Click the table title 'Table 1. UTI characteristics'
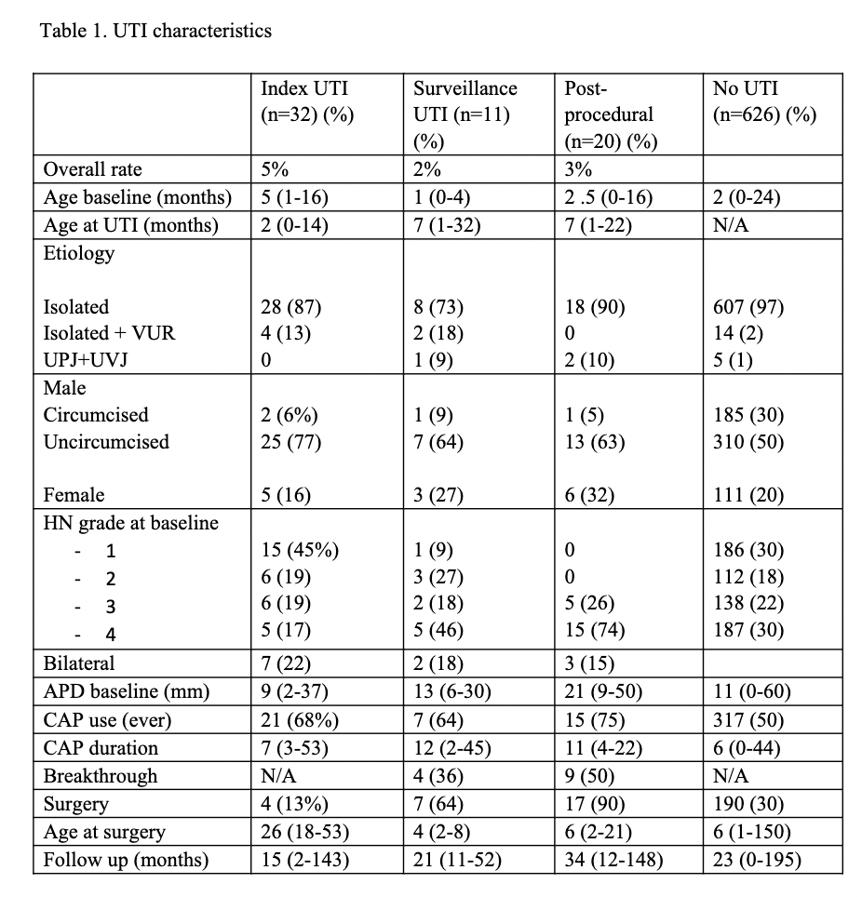pyautogui.click(x=155, y=31)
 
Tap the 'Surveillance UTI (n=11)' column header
pyautogui.click(x=465, y=102)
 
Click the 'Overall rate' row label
pyautogui.click(x=93, y=170)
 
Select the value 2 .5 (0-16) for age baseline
pyautogui.click(x=609, y=197)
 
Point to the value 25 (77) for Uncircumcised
pyautogui.click(x=290, y=442)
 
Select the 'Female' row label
pyautogui.click(x=74, y=496)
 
